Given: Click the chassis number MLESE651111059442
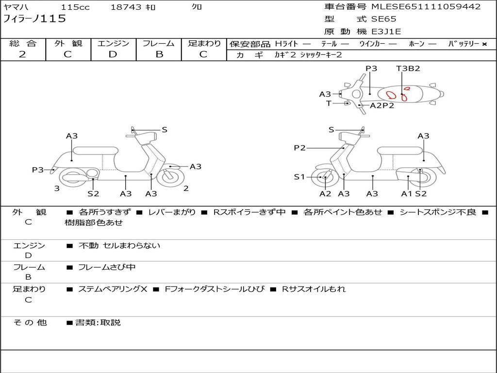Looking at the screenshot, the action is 426,7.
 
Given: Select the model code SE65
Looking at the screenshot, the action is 383,19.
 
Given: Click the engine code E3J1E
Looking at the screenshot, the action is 386,32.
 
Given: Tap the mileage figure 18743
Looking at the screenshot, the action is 126,7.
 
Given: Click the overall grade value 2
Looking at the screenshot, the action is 22,54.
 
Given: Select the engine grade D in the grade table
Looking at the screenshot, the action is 113,54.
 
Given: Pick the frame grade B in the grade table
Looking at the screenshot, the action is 159,54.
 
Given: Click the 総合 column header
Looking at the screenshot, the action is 23,44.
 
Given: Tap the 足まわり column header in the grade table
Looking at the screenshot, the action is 204,44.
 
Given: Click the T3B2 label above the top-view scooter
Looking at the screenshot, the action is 408,68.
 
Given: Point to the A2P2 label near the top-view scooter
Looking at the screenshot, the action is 382,105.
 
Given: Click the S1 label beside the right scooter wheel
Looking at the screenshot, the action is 299,177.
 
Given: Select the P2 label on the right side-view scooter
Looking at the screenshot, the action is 299,148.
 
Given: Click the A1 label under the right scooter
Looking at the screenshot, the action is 406,194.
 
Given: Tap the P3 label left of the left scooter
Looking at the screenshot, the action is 38,170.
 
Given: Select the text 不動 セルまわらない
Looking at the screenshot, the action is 119,246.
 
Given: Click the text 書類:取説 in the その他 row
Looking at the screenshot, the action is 98,322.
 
